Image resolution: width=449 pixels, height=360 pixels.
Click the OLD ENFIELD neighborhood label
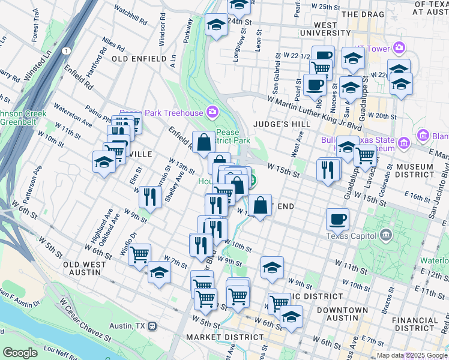pyautogui.click(x=139, y=59)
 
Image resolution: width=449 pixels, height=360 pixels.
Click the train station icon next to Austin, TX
pyautogui.click(x=153, y=326)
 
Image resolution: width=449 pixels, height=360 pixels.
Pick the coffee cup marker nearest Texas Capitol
pyautogui.click(x=338, y=219)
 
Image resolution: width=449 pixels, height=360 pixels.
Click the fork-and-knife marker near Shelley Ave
pyautogui.click(x=150, y=196)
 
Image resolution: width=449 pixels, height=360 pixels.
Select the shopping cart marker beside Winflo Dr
pyautogui.click(x=139, y=254)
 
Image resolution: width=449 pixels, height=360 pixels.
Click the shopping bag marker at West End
pyautogui.click(x=260, y=205)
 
